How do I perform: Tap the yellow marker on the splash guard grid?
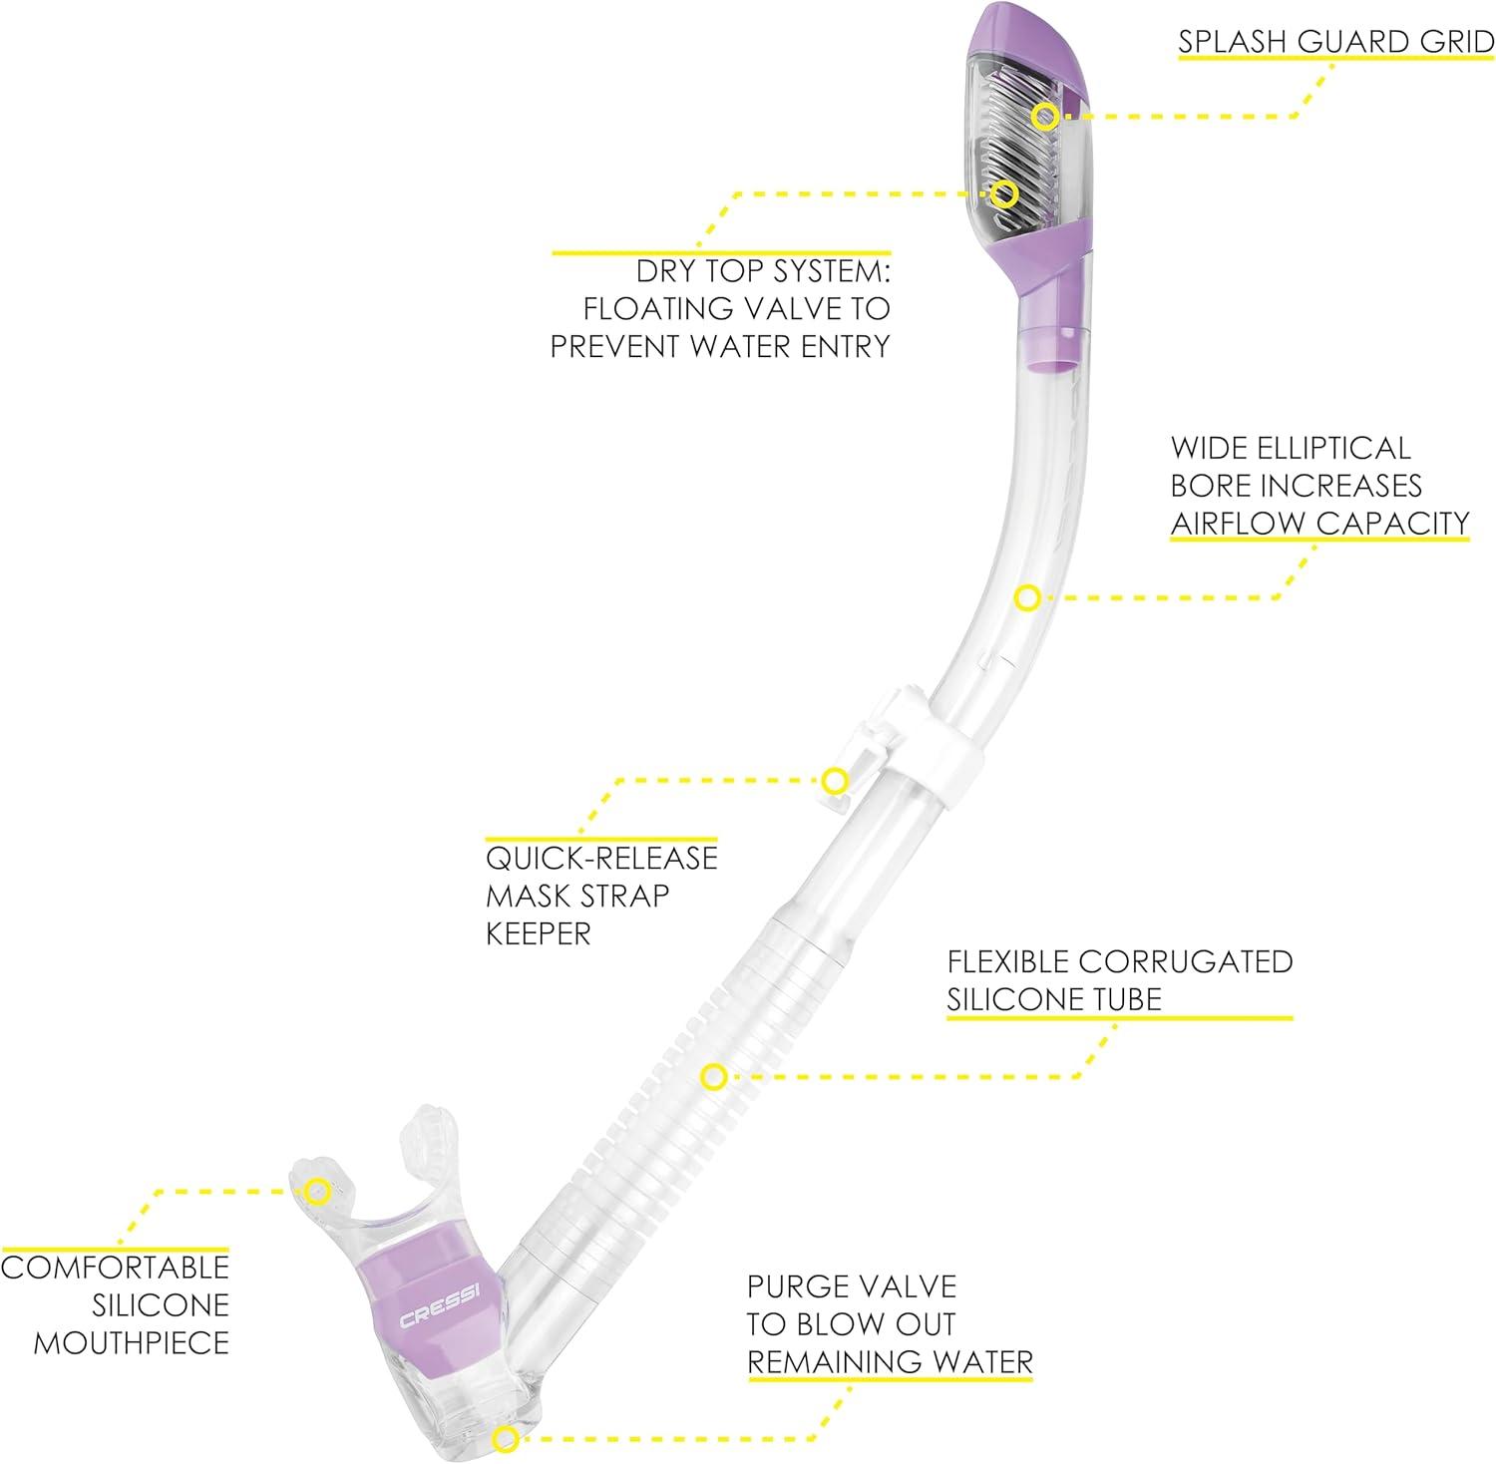coord(1044,116)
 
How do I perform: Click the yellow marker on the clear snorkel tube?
coord(1027,598)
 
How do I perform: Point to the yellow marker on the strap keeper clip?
coord(834,780)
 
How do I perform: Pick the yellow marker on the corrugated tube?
coord(712,1077)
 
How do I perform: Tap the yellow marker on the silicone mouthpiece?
coord(317,1190)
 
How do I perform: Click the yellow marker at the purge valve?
coord(506,1438)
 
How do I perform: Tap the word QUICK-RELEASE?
coord(601,858)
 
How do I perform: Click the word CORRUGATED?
coord(1186,961)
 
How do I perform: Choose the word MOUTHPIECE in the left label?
coord(132,1342)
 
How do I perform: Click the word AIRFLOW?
coord(1238,523)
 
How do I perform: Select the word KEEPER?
coord(539,933)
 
